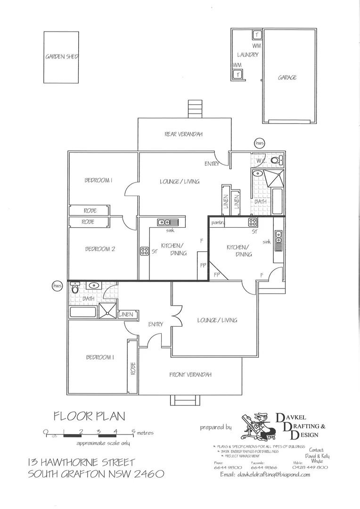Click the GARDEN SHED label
pos(61,57)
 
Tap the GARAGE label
pos(287,77)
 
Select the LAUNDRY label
pos(247,55)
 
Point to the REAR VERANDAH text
pos(183,134)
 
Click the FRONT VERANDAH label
pos(190,375)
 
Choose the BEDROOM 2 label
pos(100,249)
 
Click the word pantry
pos(217,222)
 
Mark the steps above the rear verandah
pos(195,109)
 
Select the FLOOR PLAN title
pos(90,416)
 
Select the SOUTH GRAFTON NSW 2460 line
pos(96,474)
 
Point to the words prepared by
pos(215,427)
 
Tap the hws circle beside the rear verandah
pos(259,142)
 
